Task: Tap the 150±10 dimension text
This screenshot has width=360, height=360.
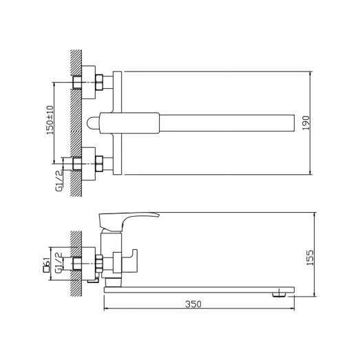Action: pos(50,120)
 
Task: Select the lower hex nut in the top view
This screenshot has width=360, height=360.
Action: pos(100,163)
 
